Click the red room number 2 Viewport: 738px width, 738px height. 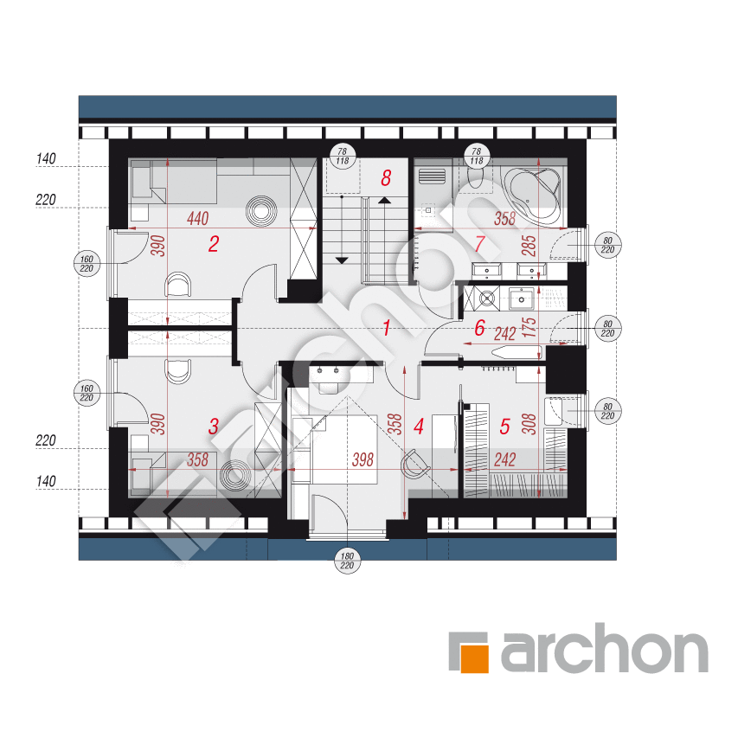click(x=214, y=244)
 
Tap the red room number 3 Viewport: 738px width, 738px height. click(x=214, y=426)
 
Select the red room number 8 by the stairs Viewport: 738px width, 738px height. click(x=386, y=178)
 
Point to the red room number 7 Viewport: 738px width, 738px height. click(x=479, y=243)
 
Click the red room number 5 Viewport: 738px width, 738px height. click(x=504, y=426)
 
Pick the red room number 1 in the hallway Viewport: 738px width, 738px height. click(x=387, y=328)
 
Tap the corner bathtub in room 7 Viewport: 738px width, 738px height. click(x=533, y=194)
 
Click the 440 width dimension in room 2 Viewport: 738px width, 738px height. click(x=197, y=218)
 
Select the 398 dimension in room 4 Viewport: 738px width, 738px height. click(x=363, y=459)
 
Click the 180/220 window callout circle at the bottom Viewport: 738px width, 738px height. click(x=347, y=561)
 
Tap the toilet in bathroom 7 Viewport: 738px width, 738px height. click(x=476, y=179)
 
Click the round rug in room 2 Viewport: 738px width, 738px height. click(x=260, y=210)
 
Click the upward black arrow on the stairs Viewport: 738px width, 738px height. click(x=385, y=201)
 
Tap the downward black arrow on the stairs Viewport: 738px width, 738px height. click(x=342, y=260)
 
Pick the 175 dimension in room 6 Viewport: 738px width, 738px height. click(x=529, y=327)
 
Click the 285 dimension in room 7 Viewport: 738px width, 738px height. click(x=529, y=245)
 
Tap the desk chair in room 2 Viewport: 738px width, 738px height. click(x=178, y=284)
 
